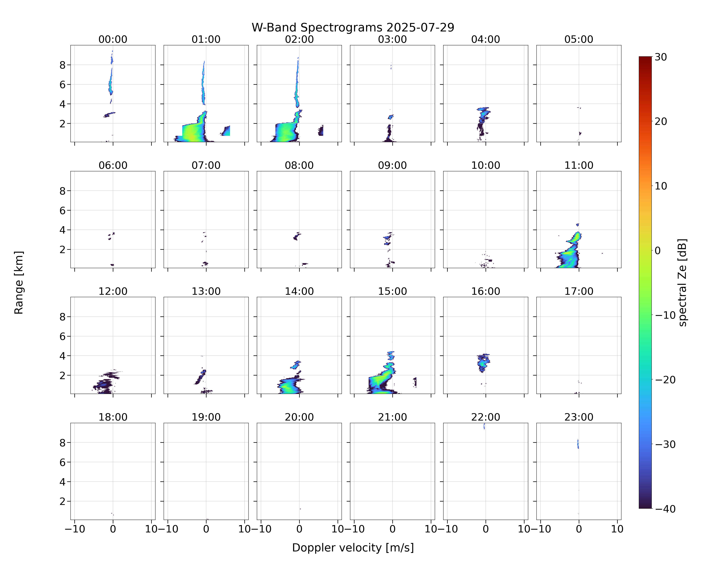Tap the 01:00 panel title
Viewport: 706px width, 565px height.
(206, 39)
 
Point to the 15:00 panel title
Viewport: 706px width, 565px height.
(392, 291)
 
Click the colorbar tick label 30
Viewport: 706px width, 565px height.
(661, 57)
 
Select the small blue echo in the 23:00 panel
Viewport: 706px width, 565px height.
(578, 444)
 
